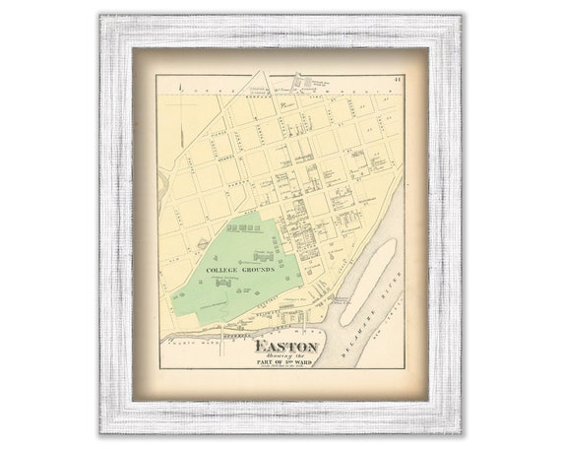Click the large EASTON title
click(x=285, y=347)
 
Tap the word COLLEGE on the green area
click(x=224, y=268)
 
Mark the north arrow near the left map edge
click(x=183, y=91)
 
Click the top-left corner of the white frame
click(x=102, y=17)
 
